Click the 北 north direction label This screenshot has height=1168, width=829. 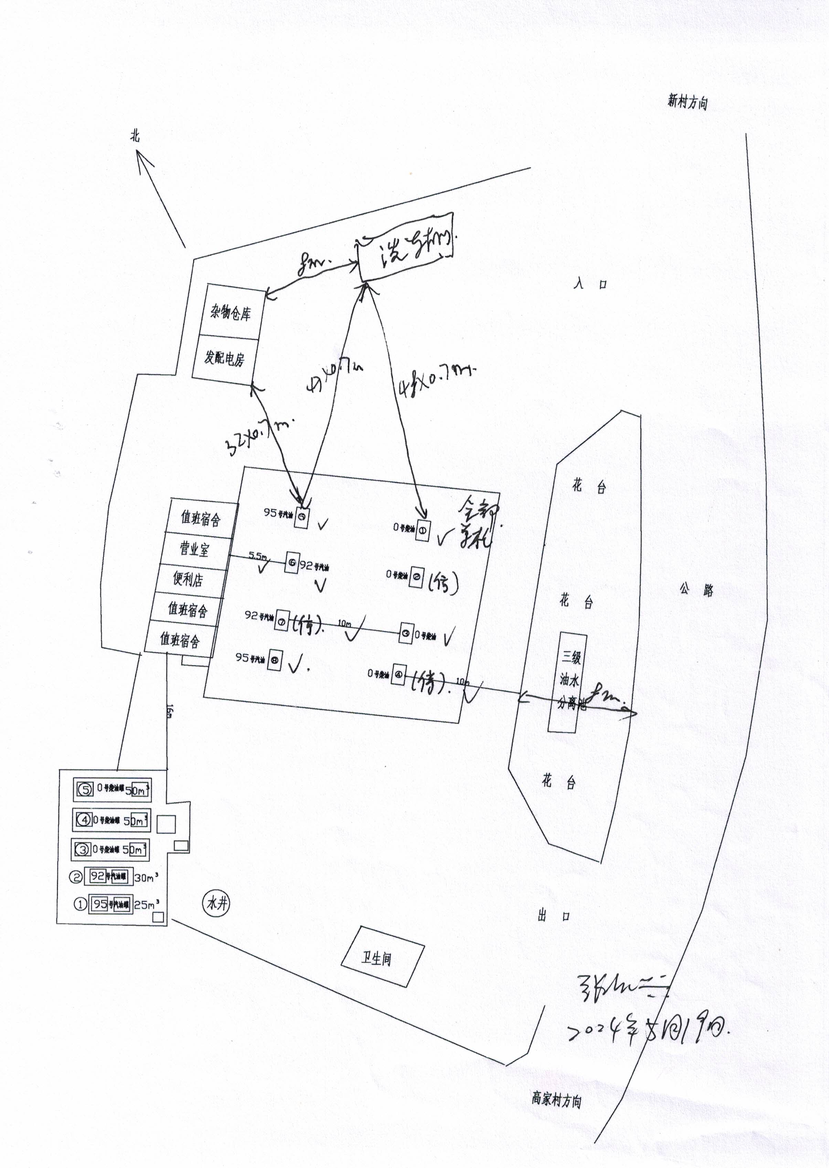coord(135,136)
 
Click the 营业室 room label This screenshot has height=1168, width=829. coord(194,549)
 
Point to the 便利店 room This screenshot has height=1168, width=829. coord(188,579)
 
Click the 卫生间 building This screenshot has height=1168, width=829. coord(377,959)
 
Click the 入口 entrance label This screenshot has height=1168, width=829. coord(589,284)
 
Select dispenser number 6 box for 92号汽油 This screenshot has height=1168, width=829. coord(292,563)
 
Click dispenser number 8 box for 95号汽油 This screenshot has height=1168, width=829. coord(275,660)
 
